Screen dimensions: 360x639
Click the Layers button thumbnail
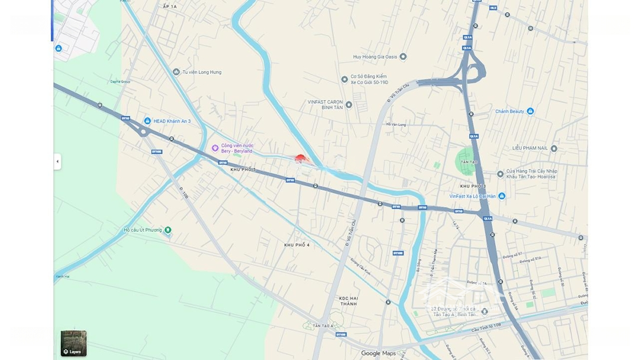coord(73,343)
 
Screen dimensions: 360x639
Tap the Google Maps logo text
coord(379,353)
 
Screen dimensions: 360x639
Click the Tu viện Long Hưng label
coord(202,72)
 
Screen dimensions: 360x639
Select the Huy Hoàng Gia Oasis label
coord(375,57)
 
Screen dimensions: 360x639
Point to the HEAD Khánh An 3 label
coord(172,121)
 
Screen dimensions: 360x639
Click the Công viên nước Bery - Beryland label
coord(237,148)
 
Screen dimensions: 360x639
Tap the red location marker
coord(301,159)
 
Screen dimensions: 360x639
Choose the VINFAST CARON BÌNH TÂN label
coord(325,105)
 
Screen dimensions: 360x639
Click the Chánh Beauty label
coord(510,111)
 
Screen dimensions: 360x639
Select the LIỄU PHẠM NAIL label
coord(530,148)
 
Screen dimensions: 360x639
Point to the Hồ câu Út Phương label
coord(143,230)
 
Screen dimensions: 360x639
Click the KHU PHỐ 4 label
coord(297,245)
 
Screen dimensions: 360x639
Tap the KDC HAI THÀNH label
coord(348,301)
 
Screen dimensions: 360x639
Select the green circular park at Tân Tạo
coord(466,162)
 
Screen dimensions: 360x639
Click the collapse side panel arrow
coord(57,161)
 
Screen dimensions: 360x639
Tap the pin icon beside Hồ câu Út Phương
coord(168,230)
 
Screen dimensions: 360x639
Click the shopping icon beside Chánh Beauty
coord(530,111)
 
